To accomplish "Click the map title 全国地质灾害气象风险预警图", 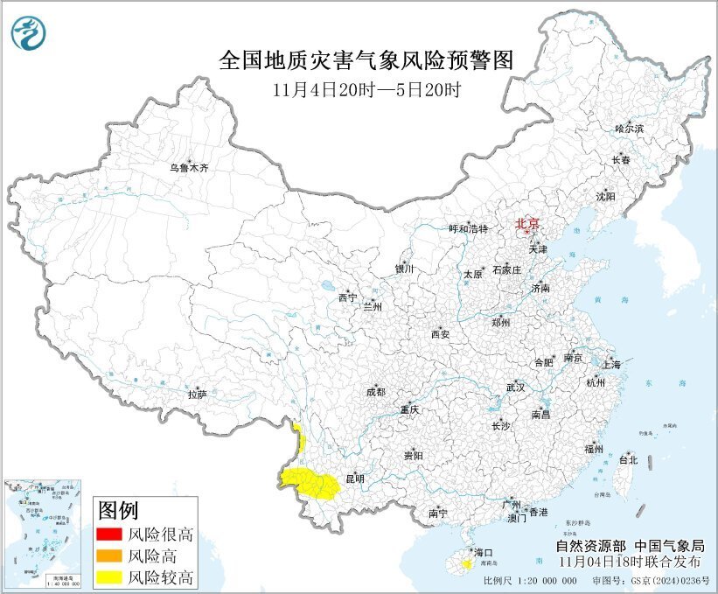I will coord(365,60).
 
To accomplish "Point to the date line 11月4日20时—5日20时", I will coord(365,88).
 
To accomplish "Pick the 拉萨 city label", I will coord(197,395).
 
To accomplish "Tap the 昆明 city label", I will coord(355,479).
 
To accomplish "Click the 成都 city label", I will coord(376,392).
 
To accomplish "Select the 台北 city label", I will coord(628,459).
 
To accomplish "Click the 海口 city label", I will coord(484,553).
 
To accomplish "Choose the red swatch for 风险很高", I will coord(108,535).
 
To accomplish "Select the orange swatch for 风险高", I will coord(108,556).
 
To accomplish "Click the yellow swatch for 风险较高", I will coord(108,577).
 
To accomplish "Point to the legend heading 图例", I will coord(117,509).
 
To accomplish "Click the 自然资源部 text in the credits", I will coord(586,547).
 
